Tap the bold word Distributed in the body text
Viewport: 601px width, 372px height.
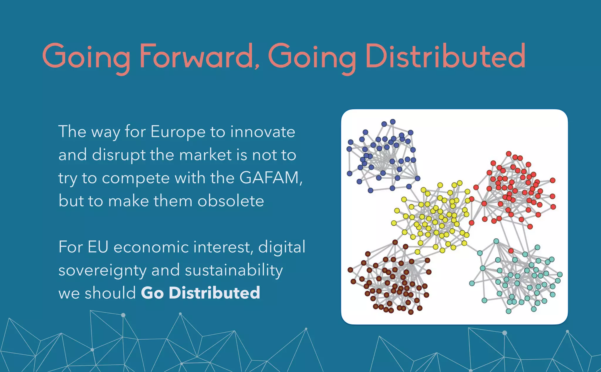[215, 293]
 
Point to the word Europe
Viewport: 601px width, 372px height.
[178, 132]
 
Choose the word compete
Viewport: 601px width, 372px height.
[136, 178]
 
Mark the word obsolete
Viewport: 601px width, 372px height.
[231, 201]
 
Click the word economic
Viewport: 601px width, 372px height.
[151, 247]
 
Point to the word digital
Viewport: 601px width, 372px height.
[282, 247]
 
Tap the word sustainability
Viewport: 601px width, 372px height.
[234, 270]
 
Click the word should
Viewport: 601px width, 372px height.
[110, 293]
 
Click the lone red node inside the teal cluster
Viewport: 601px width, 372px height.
[511, 251]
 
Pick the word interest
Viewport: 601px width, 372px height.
[223, 247]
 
